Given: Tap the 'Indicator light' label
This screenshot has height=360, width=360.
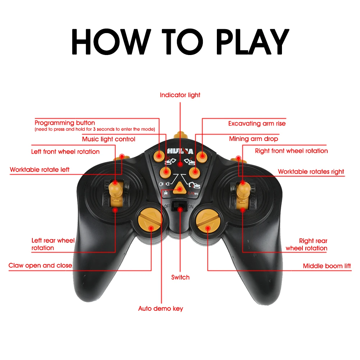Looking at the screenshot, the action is [180, 95].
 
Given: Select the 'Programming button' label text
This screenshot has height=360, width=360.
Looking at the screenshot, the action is [65, 123].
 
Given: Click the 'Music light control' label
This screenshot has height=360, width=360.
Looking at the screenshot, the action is [109, 139].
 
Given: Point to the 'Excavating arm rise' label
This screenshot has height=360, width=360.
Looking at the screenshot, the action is [257, 123].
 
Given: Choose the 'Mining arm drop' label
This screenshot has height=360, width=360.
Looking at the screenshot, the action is [254, 139].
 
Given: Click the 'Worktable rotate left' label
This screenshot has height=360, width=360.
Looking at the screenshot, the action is [40, 169].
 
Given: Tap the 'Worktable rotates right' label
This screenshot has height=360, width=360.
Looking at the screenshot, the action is [311, 172].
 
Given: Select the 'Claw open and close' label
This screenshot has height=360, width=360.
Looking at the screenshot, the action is [40, 265].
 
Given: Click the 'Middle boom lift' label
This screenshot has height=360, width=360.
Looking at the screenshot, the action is [327, 266].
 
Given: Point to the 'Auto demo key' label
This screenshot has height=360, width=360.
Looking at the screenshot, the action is [161, 309].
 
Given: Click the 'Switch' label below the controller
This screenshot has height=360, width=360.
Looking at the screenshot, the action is [180, 277].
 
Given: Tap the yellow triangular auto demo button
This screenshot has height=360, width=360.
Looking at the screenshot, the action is [180, 187].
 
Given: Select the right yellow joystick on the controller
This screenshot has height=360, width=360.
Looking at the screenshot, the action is [243, 192].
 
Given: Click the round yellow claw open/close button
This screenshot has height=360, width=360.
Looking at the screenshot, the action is [150, 220].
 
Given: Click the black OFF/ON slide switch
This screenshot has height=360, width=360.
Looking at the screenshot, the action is [179, 206].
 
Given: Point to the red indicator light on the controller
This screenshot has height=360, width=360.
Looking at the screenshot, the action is [180, 164].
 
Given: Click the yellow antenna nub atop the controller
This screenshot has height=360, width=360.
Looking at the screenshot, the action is [179, 136].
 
